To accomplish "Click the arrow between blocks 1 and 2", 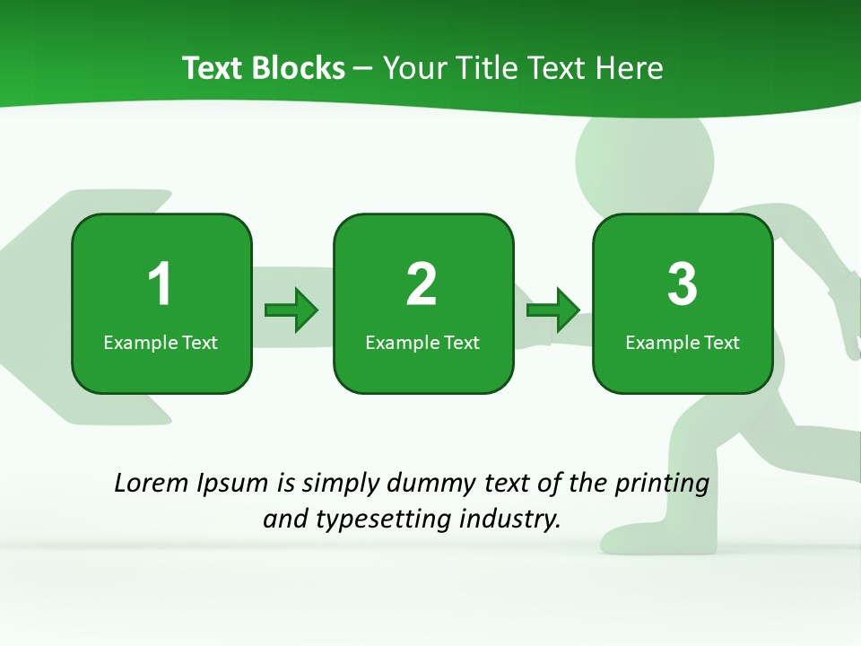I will pyautogui.click(x=291, y=310).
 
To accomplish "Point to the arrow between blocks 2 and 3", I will pyautogui.click(x=553, y=310).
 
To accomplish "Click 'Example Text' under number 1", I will pyautogui.click(x=161, y=343).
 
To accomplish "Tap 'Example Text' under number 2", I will pyautogui.click(x=422, y=343).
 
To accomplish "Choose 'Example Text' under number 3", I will pyautogui.click(x=683, y=343).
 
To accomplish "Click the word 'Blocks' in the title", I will pyautogui.click(x=299, y=68).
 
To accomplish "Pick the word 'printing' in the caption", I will pyautogui.click(x=662, y=484).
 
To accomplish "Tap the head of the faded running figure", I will pyautogui.click(x=644, y=161).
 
